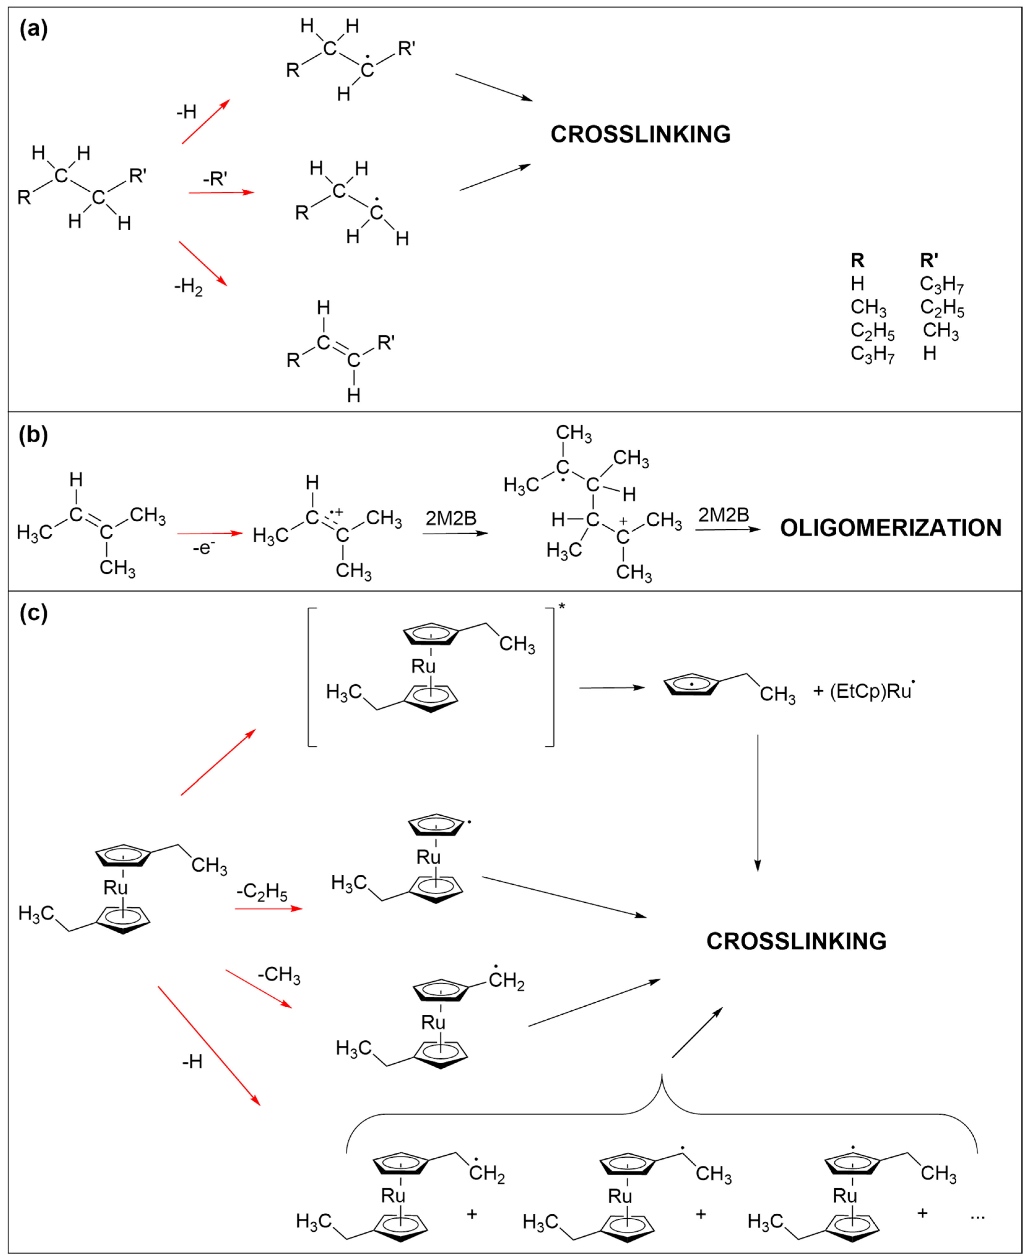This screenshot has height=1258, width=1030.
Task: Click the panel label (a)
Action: (x=33, y=28)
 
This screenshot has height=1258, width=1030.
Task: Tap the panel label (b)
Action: (x=33, y=435)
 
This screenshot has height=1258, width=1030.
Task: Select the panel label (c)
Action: (x=33, y=612)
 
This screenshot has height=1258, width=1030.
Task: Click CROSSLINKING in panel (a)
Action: (x=640, y=135)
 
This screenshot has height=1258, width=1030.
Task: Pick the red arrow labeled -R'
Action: (x=221, y=192)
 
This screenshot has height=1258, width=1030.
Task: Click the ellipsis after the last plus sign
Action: (x=977, y=1213)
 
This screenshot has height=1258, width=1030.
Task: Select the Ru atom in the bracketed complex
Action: (x=423, y=666)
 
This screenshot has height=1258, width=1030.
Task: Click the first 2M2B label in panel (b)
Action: (x=451, y=518)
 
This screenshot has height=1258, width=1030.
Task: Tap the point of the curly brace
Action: (x=662, y=1074)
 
